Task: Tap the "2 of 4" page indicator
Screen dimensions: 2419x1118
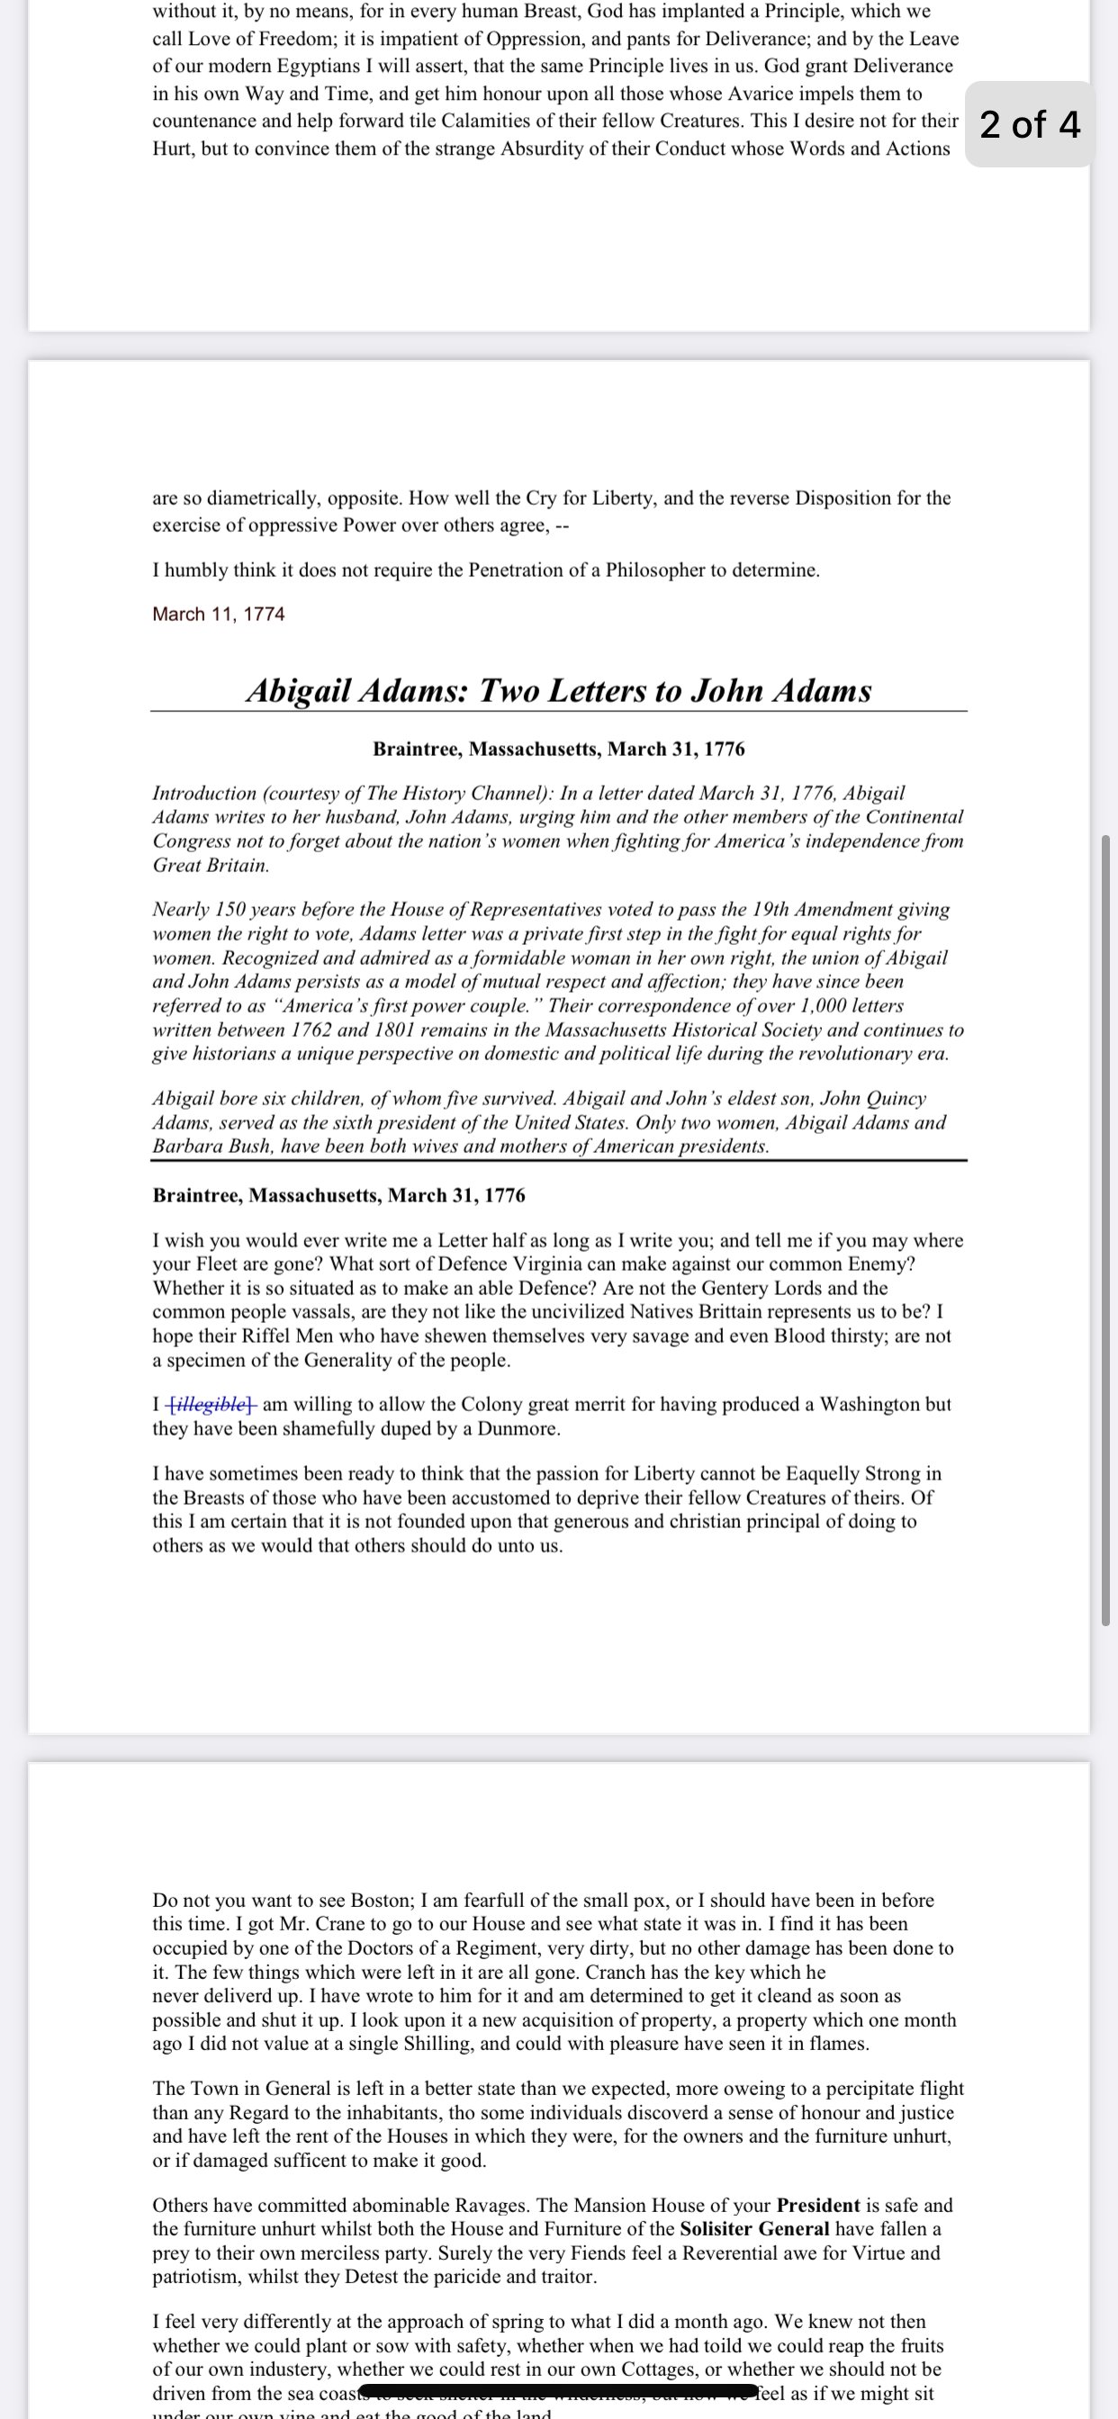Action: pos(1030,124)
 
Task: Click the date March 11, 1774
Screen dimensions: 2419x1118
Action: pos(218,614)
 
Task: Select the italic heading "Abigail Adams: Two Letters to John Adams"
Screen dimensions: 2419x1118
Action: pos(559,690)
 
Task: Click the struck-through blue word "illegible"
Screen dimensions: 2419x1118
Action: pos(212,1405)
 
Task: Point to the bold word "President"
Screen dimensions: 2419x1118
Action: pos(817,2205)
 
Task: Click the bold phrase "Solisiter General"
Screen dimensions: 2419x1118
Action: pos(754,2229)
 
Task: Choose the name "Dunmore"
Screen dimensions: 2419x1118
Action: pos(518,1429)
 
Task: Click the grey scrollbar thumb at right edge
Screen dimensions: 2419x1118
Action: pos(1105,1230)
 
